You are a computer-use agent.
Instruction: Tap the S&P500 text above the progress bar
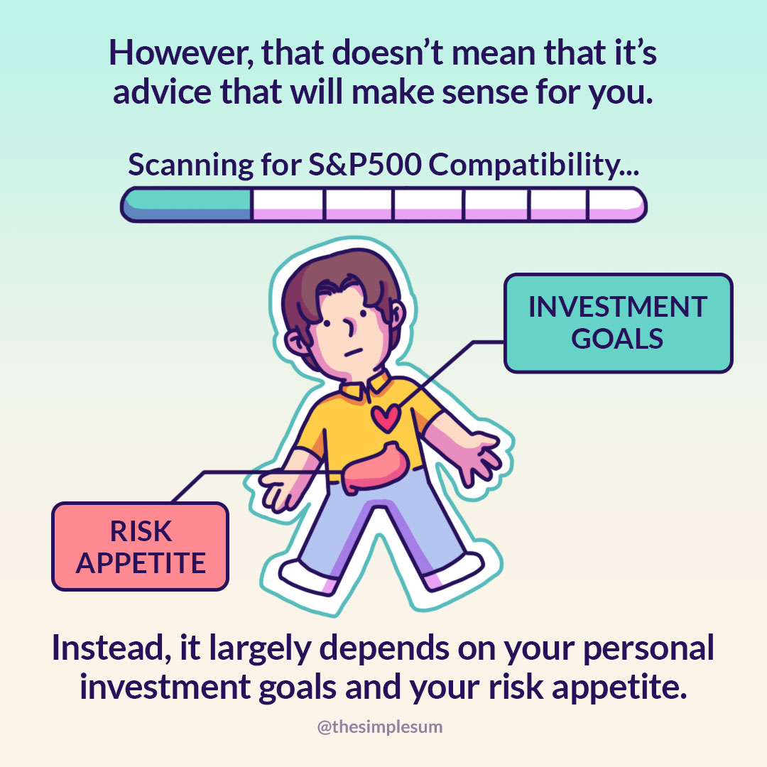pyautogui.click(x=364, y=164)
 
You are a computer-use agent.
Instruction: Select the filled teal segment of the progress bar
pyautogui.click(x=187, y=205)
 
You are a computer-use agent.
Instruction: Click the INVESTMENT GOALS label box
pyautogui.click(x=619, y=323)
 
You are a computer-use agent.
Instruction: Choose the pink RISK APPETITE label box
pyautogui.click(x=141, y=546)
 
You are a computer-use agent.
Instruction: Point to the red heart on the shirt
pyautogui.click(x=386, y=418)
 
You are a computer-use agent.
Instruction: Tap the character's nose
pyautogui.click(x=349, y=327)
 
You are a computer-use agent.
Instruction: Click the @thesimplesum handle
pyautogui.click(x=380, y=727)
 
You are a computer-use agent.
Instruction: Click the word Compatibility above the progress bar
pyautogui.click(x=533, y=165)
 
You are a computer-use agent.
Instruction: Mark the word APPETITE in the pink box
pyautogui.click(x=141, y=563)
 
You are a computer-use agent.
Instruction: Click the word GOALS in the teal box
pyautogui.click(x=617, y=339)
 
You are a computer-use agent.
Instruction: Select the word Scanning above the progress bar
pyautogui.click(x=191, y=165)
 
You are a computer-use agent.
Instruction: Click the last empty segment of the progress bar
pyautogui.click(x=616, y=205)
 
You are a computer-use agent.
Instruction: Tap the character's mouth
pyautogui.click(x=353, y=352)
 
